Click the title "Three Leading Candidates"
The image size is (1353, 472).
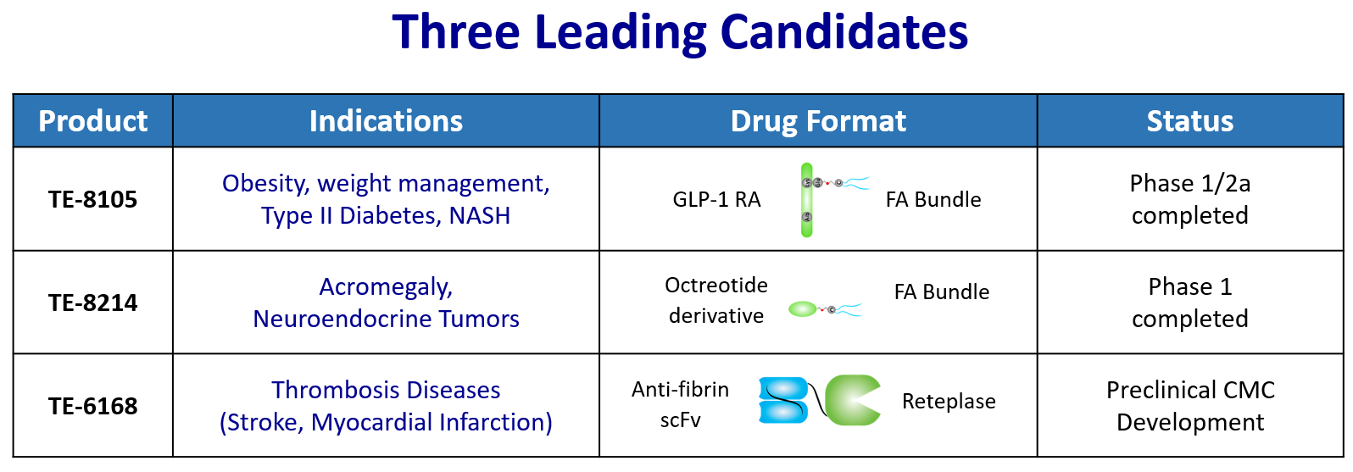[x=680, y=32]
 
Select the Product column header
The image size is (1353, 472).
[x=93, y=120]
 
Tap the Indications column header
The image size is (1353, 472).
[x=386, y=120]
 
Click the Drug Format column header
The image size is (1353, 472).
[x=818, y=120]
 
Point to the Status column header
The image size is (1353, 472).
[x=1190, y=120]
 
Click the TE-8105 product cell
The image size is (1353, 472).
[x=93, y=199]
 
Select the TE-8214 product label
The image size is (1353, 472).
[x=93, y=303]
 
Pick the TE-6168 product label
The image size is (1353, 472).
[x=93, y=406]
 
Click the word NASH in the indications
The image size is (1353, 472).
[x=480, y=215]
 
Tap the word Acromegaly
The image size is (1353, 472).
[x=386, y=287]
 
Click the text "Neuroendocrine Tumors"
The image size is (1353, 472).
[x=386, y=319]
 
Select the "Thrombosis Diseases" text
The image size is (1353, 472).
[x=386, y=390]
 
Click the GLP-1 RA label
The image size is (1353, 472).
[x=716, y=200]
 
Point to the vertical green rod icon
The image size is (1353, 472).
[x=806, y=200]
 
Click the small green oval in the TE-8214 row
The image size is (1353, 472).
[x=803, y=309]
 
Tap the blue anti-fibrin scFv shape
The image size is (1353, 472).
[x=783, y=400]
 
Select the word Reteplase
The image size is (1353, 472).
[x=949, y=402]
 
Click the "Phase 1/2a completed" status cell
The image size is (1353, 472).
[x=1190, y=199]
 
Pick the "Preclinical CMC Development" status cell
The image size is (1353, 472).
[x=1190, y=406]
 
